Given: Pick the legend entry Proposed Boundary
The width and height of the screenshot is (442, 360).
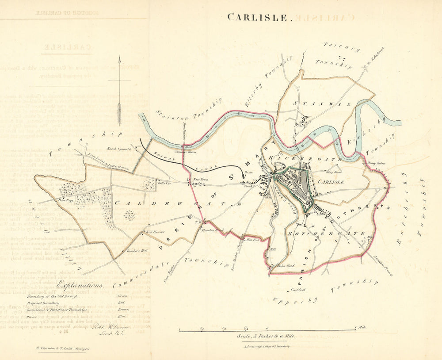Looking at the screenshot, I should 43,303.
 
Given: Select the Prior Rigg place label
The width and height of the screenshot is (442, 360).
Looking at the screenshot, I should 65,200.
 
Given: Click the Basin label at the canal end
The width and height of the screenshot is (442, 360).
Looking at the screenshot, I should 249,174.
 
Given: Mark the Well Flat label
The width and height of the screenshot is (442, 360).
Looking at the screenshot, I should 252,240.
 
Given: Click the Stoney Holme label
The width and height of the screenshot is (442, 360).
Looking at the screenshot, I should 376,163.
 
